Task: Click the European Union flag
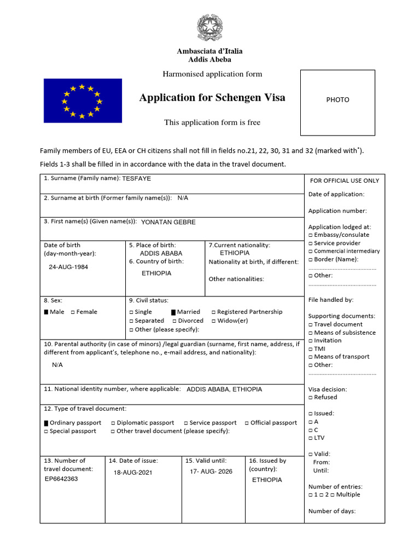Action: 83,101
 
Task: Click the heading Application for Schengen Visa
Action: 212,98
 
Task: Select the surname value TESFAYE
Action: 137,178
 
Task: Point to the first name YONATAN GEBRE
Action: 168,222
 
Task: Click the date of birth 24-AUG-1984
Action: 68,267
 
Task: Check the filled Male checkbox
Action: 46,312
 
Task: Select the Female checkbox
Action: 73,312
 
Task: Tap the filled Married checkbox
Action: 173,312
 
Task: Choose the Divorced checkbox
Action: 174,321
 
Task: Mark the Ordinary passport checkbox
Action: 46,423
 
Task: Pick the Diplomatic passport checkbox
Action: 113,423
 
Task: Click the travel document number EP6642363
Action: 61,479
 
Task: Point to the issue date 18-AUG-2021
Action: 133,472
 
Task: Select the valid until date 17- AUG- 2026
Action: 211,471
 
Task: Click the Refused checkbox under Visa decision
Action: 311,398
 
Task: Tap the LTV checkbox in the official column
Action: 311,438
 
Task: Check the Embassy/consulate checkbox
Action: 311,235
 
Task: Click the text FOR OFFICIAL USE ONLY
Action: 345,181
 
